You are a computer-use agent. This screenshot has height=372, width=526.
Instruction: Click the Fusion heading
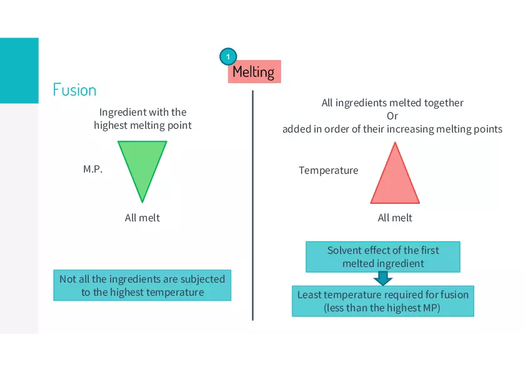pyautogui.click(x=74, y=90)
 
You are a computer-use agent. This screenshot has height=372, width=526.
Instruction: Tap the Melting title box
pyautogui.click(x=254, y=72)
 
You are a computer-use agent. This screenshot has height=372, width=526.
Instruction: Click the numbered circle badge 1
pyautogui.click(x=228, y=57)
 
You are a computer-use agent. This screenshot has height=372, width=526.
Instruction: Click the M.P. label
pyautogui.click(x=92, y=169)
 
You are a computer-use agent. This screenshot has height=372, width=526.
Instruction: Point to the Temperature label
pyautogui.click(x=329, y=170)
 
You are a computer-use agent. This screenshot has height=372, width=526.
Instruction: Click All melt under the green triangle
pyautogui.click(x=142, y=218)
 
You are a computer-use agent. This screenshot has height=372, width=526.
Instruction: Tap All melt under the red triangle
pyautogui.click(x=395, y=218)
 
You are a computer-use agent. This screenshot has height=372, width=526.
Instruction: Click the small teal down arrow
pyautogui.click(x=382, y=279)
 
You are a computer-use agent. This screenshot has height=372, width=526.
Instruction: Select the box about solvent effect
pyautogui.click(x=382, y=257)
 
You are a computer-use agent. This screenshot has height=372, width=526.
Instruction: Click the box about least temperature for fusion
pyautogui.click(x=382, y=301)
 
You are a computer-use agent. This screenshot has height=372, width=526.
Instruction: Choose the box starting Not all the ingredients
pyautogui.click(x=142, y=286)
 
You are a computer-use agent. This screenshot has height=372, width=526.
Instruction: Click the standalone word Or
pyautogui.click(x=392, y=116)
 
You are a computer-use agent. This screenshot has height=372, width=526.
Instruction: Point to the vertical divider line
pyautogui.click(x=252, y=206)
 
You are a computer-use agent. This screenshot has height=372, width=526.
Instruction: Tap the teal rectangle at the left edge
pyautogui.click(x=19, y=70)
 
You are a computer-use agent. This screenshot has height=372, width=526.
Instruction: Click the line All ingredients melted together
pyautogui.click(x=392, y=103)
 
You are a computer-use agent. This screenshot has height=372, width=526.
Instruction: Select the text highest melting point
pyautogui.click(x=142, y=125)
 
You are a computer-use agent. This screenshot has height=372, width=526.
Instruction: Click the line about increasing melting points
pyautogui.click(x=392, y=129)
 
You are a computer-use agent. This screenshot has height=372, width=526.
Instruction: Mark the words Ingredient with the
pyautogui.click(x=142, y=113)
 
